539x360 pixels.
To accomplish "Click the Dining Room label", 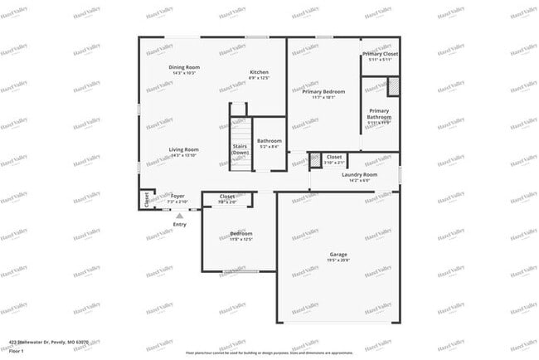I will (184, 67).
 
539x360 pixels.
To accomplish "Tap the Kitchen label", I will (260, 72).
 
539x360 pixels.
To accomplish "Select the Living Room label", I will (184, 149).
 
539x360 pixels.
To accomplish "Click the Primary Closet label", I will (380, 55).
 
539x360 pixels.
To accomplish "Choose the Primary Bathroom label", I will (379, 114).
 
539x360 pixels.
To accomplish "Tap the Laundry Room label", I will (359, 175).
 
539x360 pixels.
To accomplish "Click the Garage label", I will (338, 255).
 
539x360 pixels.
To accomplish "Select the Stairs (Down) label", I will (240, 149).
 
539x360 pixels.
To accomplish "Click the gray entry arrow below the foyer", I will (179, 216).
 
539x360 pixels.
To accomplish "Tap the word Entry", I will (180, 225).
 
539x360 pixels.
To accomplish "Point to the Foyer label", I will (177, 197).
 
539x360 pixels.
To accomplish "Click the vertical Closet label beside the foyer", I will (147, 199).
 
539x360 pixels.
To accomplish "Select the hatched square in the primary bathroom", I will (393, 86).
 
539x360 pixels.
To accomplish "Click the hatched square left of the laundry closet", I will (315, 161).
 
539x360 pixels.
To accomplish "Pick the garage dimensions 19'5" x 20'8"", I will (338, 261).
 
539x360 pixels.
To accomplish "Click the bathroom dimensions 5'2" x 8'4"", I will (269, 148).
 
